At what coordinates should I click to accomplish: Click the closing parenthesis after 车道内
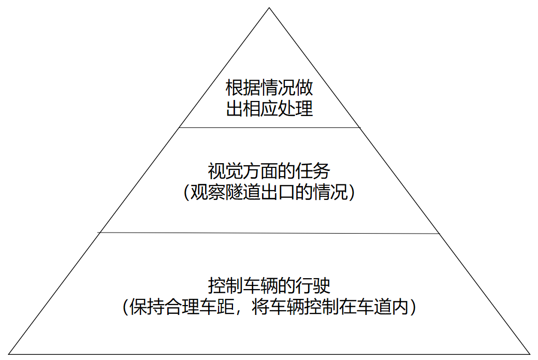[413, 307]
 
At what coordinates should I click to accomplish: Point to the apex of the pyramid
[269, 8]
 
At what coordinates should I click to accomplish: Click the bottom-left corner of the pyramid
[9, 354]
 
